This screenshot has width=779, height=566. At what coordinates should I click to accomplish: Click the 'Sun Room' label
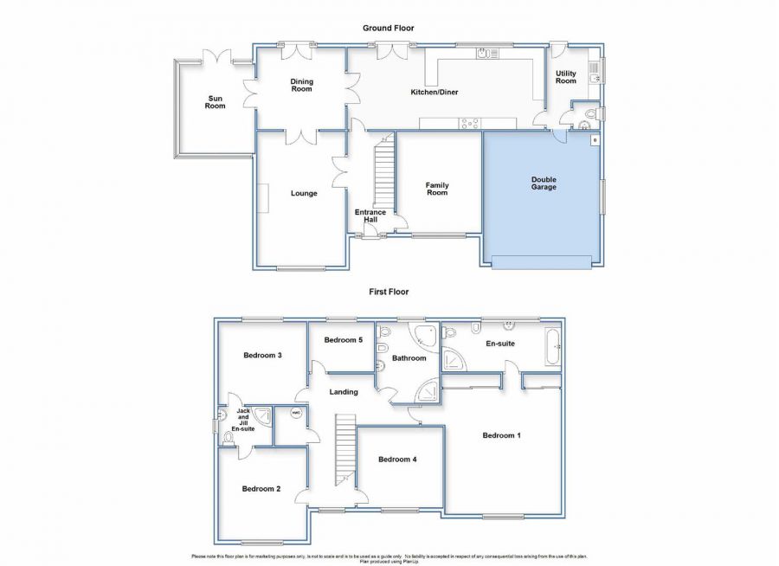pyautogui.click(x=215, y=101)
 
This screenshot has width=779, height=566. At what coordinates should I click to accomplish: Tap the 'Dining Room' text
pyautogui.click(x=301, y=86)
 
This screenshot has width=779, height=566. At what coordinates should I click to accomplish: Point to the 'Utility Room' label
pyautogui.click(x=565, y=77)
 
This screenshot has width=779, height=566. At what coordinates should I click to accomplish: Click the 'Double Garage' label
pyautogui.click(x=544, y=183)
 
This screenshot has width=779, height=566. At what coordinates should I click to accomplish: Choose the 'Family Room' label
pyautogui.click(x=437, y=189)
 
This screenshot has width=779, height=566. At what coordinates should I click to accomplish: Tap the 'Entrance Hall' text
pyautogui.click(x=370, y=215)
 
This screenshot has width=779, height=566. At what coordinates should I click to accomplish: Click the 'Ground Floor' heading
pyautogui.click(x=388, y=29)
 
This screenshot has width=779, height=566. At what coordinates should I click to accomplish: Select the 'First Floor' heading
pyautogui.click(x=388, y=293)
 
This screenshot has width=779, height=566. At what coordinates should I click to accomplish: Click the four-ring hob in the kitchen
pyautogui.click(x=471, y=123)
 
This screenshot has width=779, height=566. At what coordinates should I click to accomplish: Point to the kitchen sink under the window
pyautogui.click(x=487, y=54)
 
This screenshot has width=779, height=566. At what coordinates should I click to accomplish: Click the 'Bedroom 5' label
pyautogui.click(x=343, y=340)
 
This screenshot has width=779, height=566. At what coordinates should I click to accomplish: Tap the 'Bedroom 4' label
pyautogui.click(x=398, y=460)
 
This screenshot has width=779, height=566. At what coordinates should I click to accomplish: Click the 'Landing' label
pyautogui.click(x=344, y=392)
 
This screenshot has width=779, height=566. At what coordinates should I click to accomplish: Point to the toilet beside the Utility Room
pyautogui.click(x=592, y=114)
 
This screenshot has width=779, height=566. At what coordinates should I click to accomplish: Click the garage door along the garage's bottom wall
pyautogui.click(x=542, y=261)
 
